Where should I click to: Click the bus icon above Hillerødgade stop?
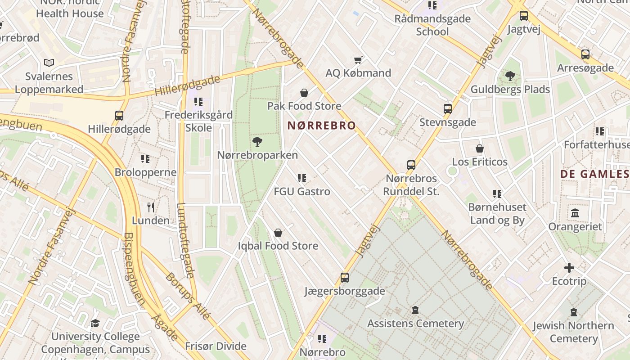[x=119, y=116]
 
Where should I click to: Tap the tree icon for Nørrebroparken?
[x=257, y=142]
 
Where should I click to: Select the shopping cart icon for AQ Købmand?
[x=358, y=60]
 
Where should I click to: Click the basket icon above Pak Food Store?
[x=304, y=93]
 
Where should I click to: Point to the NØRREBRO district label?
[x=321, y=126]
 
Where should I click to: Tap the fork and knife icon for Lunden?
[x=151, y=207]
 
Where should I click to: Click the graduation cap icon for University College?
[x=95, y=323]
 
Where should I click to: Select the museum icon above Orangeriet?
[x=575, y=213]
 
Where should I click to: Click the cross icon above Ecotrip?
[x=569, y=268]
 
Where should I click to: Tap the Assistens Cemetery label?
[x=415, y=324]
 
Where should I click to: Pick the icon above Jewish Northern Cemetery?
[x=573, y=312]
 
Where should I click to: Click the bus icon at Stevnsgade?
[x=447, y=108]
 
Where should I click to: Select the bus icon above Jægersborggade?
[x=345, y=277]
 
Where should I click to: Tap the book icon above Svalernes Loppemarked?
[x=49, y=63]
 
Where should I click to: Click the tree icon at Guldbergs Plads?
[x=510, y=76]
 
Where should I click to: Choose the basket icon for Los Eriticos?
[x=480, y=148]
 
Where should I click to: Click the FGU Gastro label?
[x=302, y=192]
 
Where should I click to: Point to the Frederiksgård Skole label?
[x=198, y=121]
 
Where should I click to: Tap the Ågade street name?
[x=165, y=326]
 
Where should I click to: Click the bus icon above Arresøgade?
[x=585, y=54]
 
